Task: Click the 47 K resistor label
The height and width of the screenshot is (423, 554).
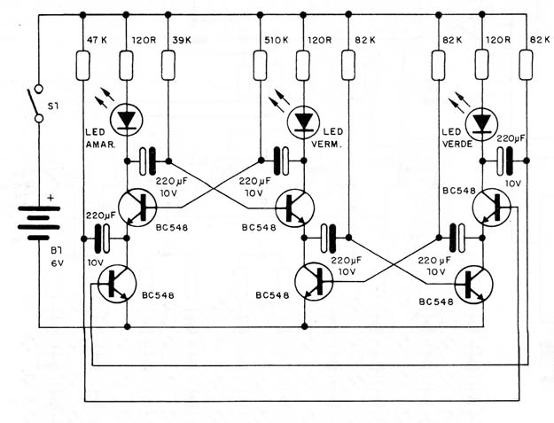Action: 97,40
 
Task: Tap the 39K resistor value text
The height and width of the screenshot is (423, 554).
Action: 182,40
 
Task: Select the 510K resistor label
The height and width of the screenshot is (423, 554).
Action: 277,40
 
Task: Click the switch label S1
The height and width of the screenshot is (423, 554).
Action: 53,106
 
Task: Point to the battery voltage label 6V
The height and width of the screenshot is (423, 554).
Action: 57,262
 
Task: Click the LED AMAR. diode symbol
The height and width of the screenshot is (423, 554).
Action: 126,120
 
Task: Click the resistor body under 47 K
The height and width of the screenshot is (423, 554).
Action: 83,66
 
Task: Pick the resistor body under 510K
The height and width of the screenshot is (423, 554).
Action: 260,66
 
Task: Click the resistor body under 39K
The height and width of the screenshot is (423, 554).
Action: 168,66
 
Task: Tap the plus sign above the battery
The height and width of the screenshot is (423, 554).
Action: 51,197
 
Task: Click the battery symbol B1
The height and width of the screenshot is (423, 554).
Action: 39,223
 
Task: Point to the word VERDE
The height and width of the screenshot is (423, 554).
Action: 457,144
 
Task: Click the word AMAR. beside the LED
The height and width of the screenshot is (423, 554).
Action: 100,145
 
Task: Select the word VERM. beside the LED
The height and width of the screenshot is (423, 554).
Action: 327,145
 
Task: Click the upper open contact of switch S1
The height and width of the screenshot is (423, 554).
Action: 39,88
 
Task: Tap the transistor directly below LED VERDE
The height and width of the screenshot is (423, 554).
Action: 491,208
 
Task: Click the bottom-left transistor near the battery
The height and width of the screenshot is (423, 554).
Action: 117,284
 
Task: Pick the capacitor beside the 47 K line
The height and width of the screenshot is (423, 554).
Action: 102,239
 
